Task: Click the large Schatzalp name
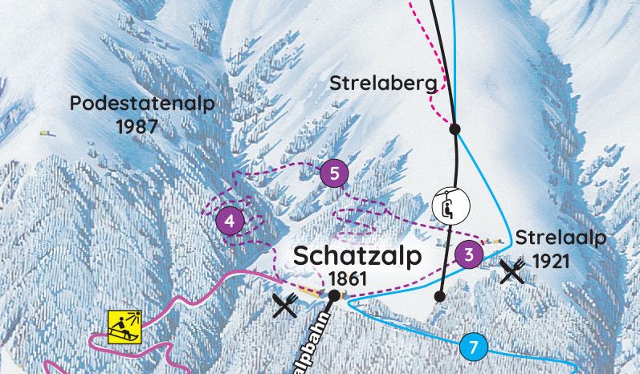[x=357, y=257]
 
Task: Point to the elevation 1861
[x=347, y=278]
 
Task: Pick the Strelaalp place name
[x=560, y=238]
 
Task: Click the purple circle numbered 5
[x=334, y=173]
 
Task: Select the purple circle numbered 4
[x=230, y=222]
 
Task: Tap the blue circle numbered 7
[x=474, y=348]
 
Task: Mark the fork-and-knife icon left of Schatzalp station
[x=286, y=305]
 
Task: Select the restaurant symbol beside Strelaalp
[x=512, y=272]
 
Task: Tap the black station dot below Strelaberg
[x=455, y=128]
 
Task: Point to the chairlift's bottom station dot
[x=438, y=296]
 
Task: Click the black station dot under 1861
[x=333, y=296]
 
